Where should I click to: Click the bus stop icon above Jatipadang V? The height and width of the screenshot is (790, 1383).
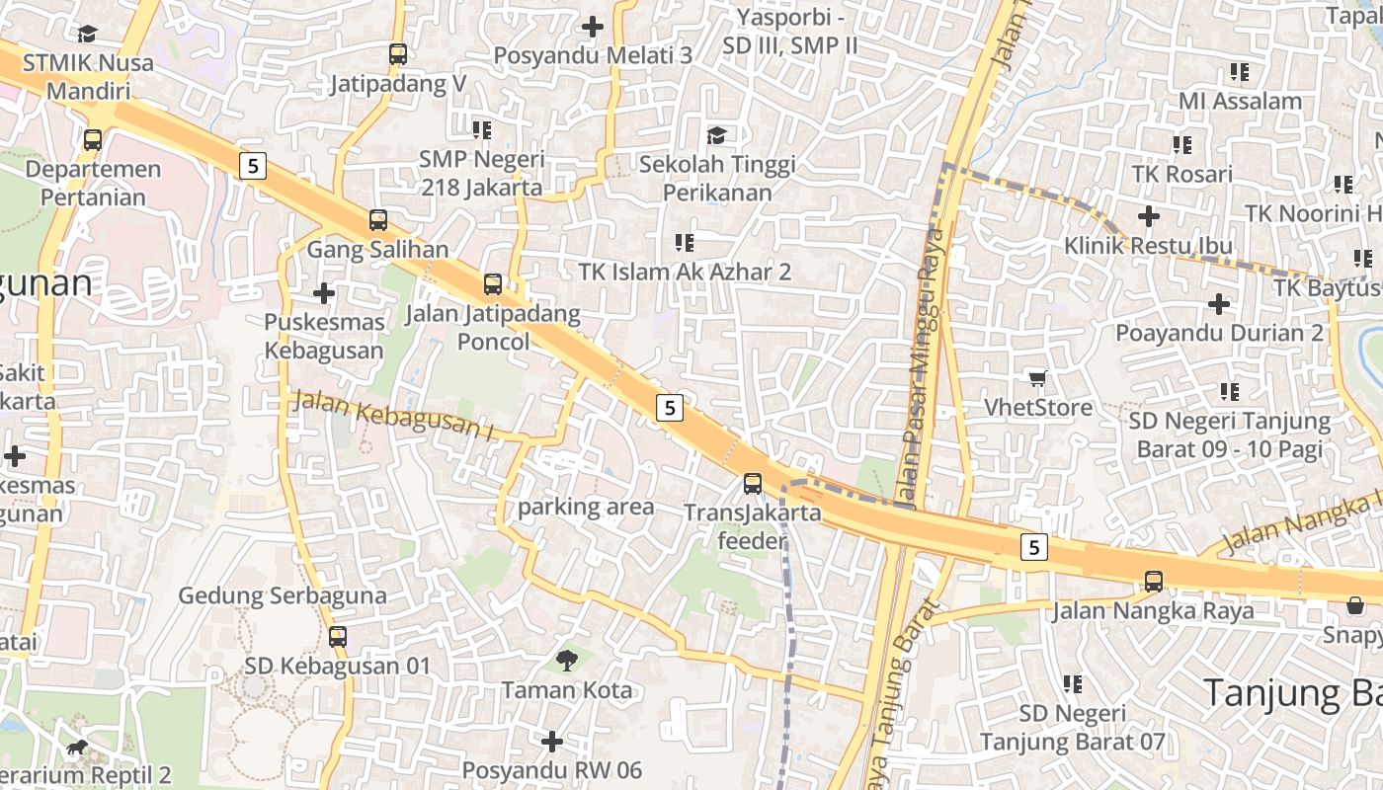pyautogui.click(x=398, y=54)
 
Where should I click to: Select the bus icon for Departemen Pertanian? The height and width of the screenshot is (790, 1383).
pyautogui.click(x=93, y=140)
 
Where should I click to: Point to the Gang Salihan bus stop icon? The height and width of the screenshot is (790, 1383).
pyautogui.click(x=378, y=220)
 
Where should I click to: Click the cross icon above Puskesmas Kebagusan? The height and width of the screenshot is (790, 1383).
pyautogui.click(x=324, y=293)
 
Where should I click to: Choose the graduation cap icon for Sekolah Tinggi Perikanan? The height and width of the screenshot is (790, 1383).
pyautogui.click(x=716, y=135)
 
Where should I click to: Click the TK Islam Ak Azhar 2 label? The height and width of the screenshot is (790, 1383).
pyautogui.click(x=684, y=272)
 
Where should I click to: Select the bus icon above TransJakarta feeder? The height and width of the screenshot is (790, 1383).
pyautogui.click(x=753, y=484)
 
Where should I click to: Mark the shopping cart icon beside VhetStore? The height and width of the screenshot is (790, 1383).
pyautogui.click(x=1037, y=378)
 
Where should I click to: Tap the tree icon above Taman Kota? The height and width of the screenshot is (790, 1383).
pyautogui.click(x=567, y=660)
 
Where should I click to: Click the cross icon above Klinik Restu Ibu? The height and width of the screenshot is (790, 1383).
pyautogui.click(x=1148, y=215)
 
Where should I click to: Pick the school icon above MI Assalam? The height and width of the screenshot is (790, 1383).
pyautogui.click(x=1240, y=72)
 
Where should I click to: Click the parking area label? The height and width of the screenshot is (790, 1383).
pyautogui.click(x=586, y=508)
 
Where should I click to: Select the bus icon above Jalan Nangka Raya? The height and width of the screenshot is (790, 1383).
pyautogui.click(x=1154, y=582)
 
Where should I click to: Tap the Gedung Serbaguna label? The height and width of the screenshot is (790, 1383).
pyautogui.click(x=283, y=595)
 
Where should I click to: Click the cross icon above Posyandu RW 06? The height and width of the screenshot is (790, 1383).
pyautogui.click(x=552, y=741)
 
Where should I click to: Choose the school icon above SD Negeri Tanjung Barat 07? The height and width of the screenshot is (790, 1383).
pyautogui.click(x=1072, y=683)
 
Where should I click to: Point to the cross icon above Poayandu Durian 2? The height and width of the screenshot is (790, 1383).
pyautogui.click(x=1219, y=303)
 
